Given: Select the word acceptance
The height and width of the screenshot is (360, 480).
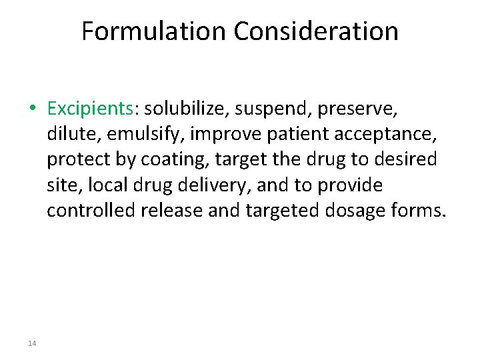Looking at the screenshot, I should coord(393,134).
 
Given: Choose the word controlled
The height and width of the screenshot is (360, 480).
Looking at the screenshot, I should coord(91,211).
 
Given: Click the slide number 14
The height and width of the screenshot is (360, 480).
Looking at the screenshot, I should coord(32,343).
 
